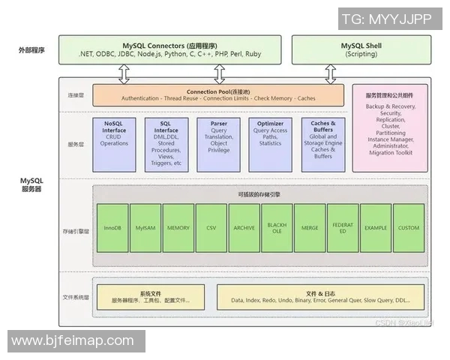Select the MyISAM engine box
tap(145, 226)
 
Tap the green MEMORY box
tap(178, 226)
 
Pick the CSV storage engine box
tap(211, 226)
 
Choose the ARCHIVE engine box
tap(244, 226)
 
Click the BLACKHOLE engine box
tap(277, 226)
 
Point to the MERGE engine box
tap(310, 226)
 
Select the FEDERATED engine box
tap(343, 226)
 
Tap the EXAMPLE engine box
tap(376, 226)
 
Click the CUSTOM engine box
tap(409, 226)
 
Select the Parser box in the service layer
tap(220, 138)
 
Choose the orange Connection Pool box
tap(219, 94)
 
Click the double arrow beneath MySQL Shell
tap(329, 73)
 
